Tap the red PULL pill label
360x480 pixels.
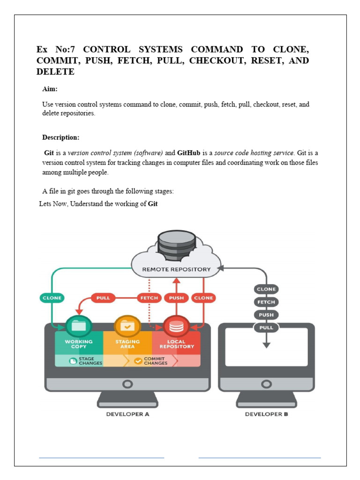pos(103,298)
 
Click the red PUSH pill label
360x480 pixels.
pos(176,298)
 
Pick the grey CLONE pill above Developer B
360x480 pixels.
pos(266,289)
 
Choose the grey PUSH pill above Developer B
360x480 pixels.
pos(266,315)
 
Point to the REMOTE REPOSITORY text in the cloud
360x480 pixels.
pos(176,270)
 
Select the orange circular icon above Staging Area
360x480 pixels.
pos(127,325)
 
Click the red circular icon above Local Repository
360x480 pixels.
pos(176,325)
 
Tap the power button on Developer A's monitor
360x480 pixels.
pos(127,384)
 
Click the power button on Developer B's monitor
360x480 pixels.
pos(266,384)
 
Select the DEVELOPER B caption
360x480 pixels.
pos(266,414)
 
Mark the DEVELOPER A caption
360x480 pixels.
pos(127,414)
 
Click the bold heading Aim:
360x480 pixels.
pos(50,89)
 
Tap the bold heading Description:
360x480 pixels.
pos(61,137)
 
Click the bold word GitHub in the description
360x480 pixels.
pos(189,153)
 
